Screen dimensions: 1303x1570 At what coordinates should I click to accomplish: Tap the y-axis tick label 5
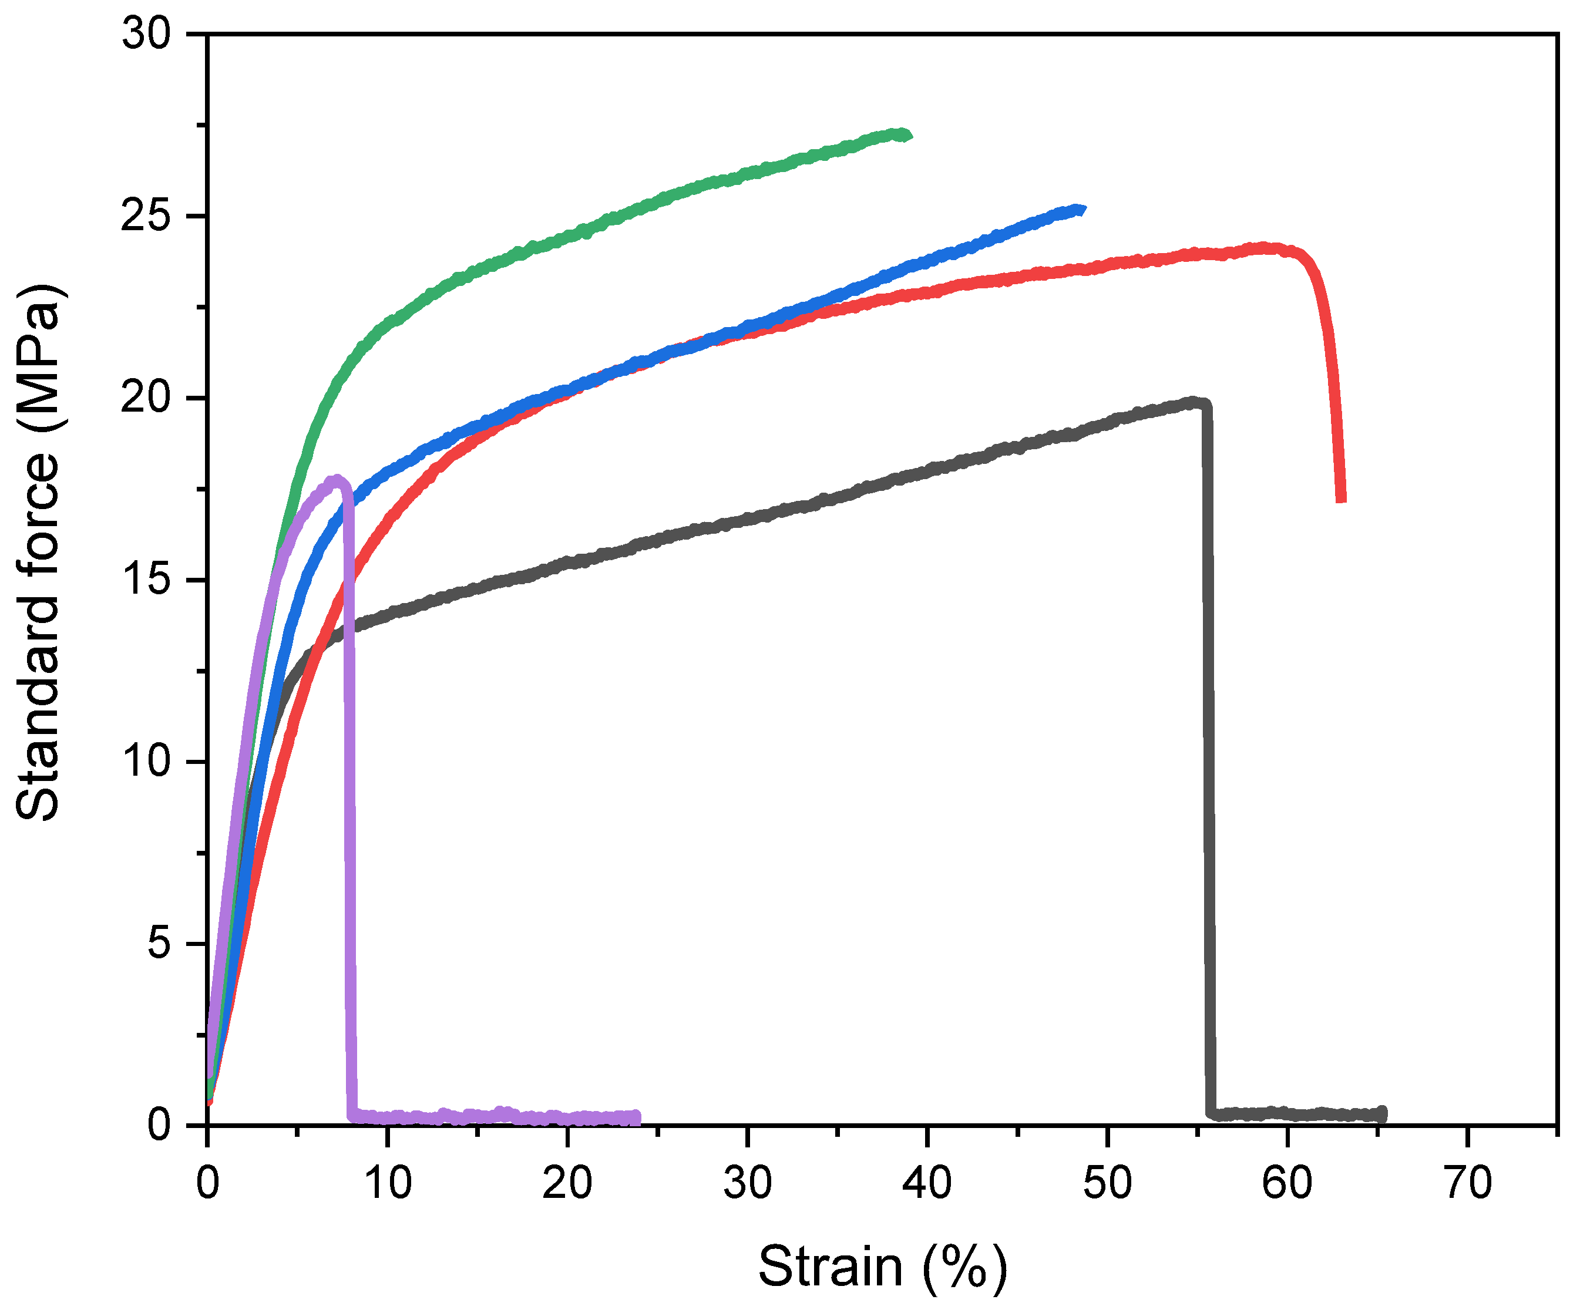pyautogui.click(x=159, y=944)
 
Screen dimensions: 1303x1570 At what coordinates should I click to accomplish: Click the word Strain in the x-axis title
pyautogui.click(x=830, y=1267)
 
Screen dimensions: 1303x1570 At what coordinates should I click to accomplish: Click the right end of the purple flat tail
pyautogui.click(x=636, y=1117)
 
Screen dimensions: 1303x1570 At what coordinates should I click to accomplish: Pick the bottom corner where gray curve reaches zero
pyautogui.click(x=1211, y=1113)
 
